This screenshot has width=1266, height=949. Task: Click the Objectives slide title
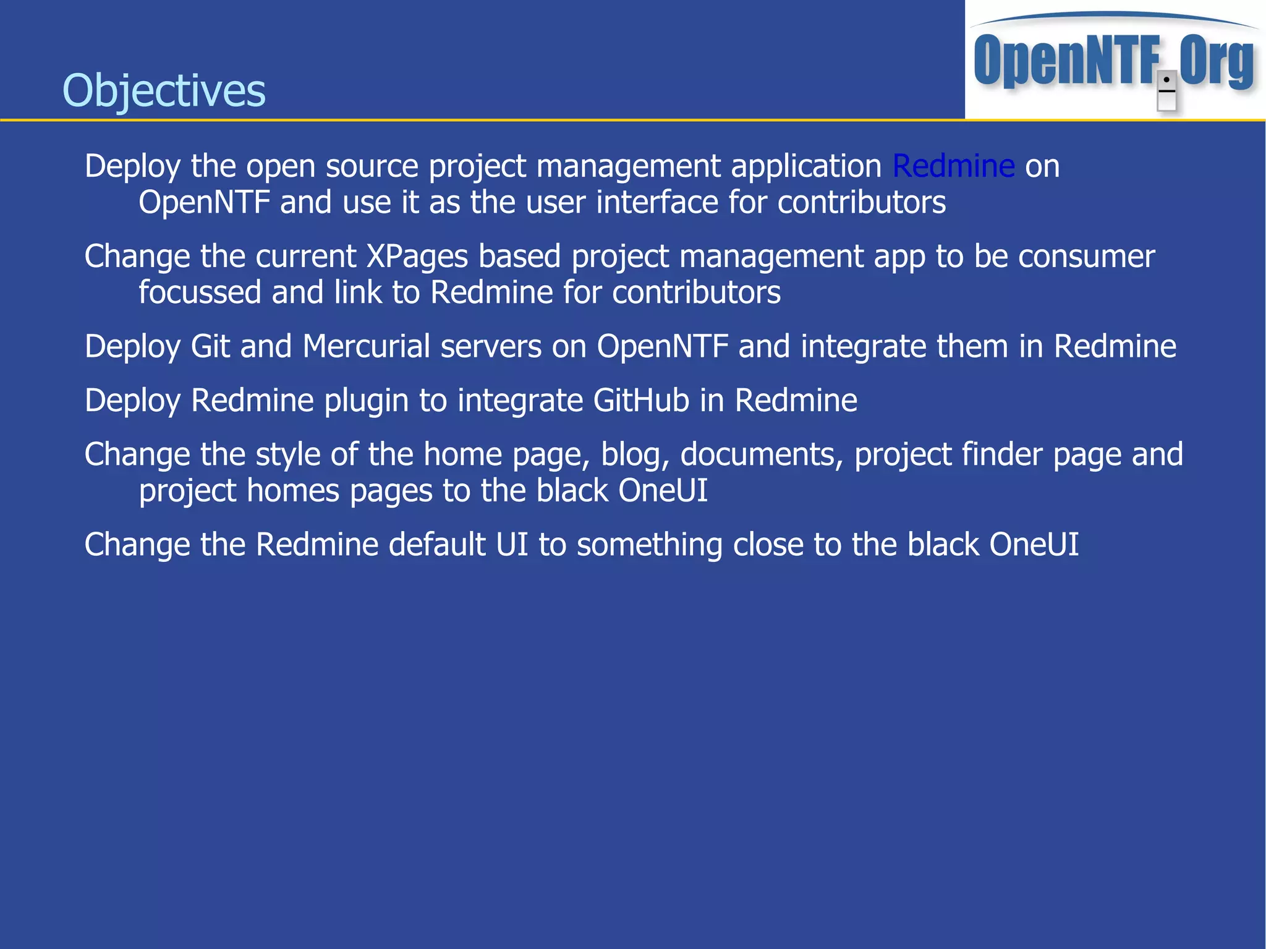tap(164, 91)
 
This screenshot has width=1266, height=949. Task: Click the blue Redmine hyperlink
tap(953, 166)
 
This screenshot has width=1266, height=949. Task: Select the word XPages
tap(417, 257)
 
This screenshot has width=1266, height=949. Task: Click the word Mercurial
tap(366, 346)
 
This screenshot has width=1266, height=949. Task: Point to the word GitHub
tap(641, 401)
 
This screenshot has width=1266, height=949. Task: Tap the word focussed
tap(200, 292)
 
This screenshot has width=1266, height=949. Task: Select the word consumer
tap(1086, 257)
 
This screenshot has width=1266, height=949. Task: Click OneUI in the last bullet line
tap(1034, 545)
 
